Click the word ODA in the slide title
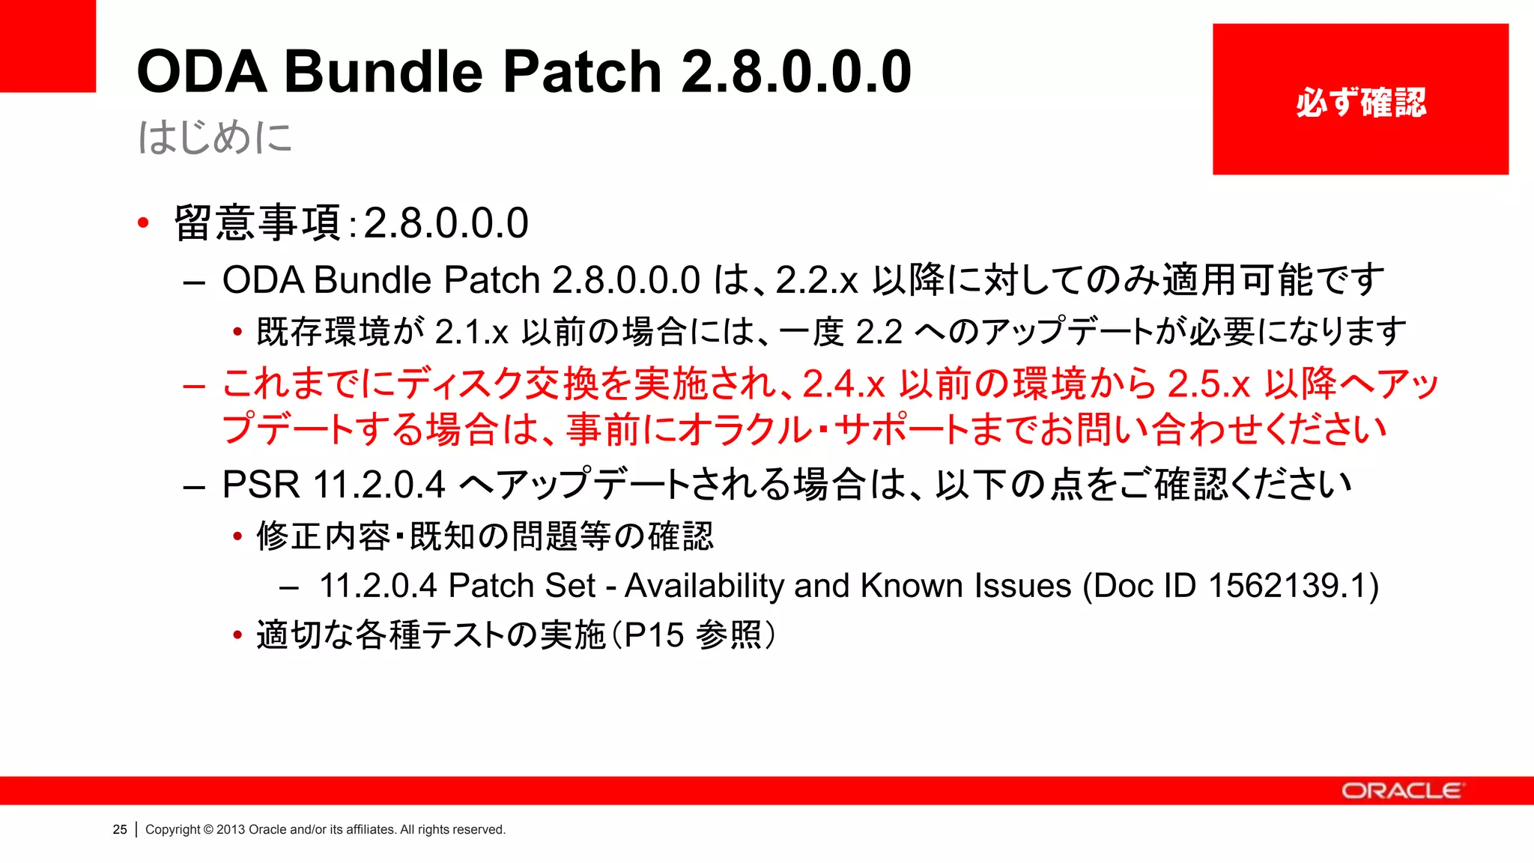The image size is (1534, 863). click(201, 72)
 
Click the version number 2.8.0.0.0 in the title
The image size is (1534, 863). click(796, 72)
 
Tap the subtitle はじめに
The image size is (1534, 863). click(215, 138)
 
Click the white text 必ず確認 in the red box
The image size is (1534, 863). click(1360, 103)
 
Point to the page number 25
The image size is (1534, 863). click(120, 829)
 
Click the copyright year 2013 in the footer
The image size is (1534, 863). click(231, 829)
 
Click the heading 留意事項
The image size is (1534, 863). click(257, 223)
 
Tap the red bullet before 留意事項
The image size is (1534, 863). click(143, 222)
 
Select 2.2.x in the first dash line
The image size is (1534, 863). click(816, 281)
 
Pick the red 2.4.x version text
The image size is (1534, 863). click(844, 384)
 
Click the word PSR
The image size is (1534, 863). click(261, 485)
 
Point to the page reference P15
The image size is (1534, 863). click(653, 635)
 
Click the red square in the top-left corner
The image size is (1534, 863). click(47, 45)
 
